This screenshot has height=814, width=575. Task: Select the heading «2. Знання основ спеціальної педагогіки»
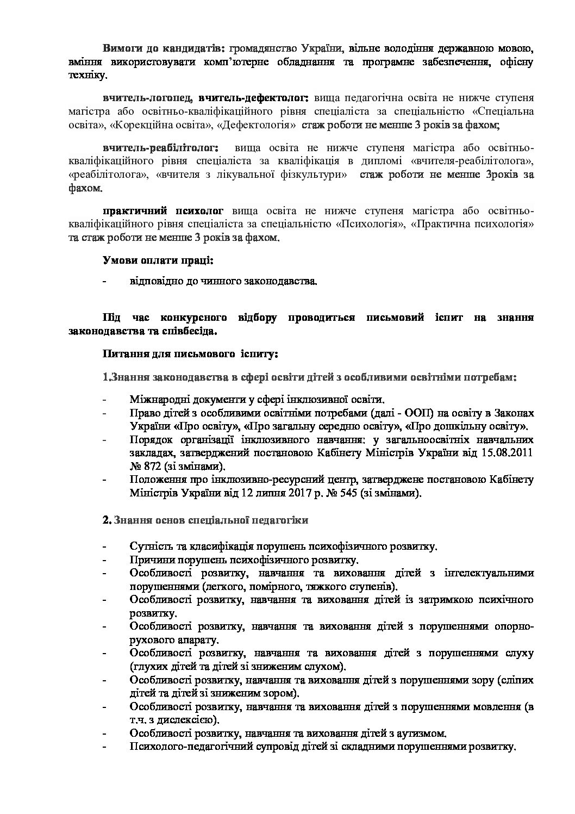205,520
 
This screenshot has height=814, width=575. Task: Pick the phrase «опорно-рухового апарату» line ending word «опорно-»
514,626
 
